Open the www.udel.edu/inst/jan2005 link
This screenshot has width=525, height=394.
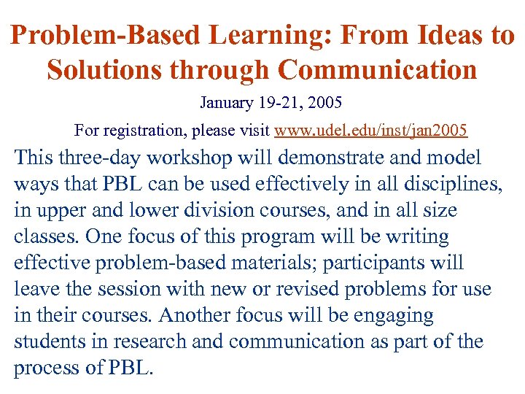pyautogui.click(x=370, y=131)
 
